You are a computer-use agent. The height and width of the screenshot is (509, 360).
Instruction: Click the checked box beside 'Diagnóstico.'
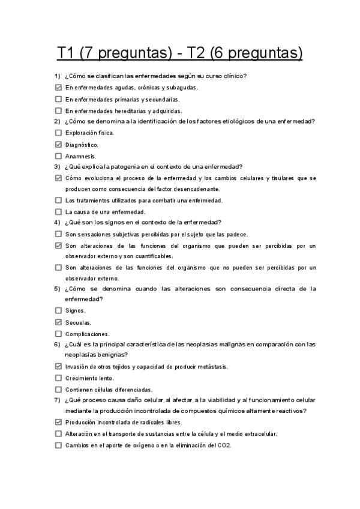(58, 145)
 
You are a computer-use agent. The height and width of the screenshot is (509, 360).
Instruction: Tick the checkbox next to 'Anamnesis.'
(58, 156)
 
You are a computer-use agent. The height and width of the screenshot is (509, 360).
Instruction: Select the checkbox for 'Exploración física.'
(58, 133)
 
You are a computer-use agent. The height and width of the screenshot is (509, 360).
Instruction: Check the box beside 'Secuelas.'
(58, 322)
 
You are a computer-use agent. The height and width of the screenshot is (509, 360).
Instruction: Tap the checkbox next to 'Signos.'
(58, 310)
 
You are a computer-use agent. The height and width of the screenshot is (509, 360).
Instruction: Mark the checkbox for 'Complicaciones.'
(58, 334)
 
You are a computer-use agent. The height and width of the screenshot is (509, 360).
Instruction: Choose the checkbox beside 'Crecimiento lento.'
(58, 378)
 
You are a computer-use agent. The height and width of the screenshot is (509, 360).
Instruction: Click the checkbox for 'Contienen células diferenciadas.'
(58, 390)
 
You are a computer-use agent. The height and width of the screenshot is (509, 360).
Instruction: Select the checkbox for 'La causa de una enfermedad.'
(58, 211)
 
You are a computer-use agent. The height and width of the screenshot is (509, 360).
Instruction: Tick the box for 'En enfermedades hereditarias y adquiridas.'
(58, 110)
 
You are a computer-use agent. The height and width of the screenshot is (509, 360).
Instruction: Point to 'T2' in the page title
(199, 53)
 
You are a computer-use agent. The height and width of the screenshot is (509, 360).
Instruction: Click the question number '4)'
(57, 222)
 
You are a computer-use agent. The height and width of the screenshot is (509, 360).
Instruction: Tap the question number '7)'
(57, 400)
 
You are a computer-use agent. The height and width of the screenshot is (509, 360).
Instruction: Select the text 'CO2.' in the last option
(225, 445)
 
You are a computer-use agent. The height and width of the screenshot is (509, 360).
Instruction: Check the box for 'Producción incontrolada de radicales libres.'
(58, 423)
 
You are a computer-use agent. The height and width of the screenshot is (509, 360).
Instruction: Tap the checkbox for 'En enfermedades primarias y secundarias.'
(58, 99)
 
